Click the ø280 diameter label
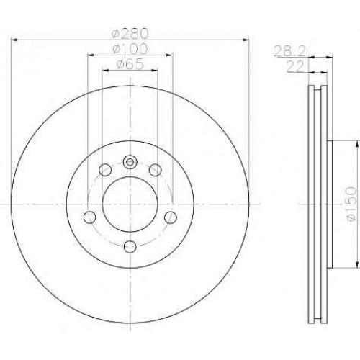[130, 34]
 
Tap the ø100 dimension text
[130, 49]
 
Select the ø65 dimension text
[130, 64]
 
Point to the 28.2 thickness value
[290, 51]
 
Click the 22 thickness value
[295, 67]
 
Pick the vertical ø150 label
[351, 204]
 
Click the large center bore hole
[130, 204]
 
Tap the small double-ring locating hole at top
[130, 162]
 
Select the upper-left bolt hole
[105, 170]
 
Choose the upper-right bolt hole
[155, 170]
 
